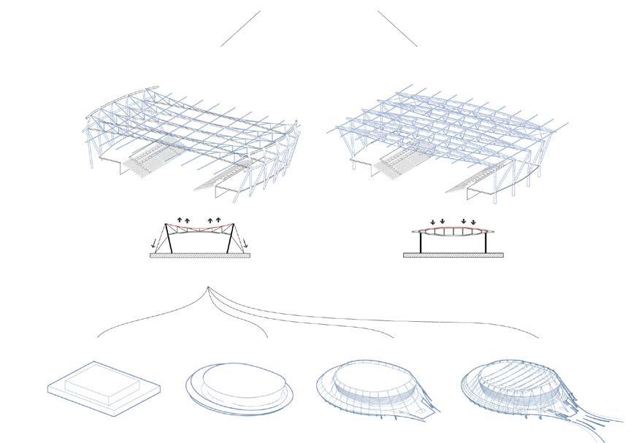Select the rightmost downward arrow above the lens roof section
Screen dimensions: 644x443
[473, 220]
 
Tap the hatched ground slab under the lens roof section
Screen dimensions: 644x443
[453, 255]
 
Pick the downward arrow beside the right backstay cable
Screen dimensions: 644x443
[245, 244]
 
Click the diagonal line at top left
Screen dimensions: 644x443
[240, 28]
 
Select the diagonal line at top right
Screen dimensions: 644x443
[397, 28]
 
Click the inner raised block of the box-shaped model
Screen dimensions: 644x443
[101, 381]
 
